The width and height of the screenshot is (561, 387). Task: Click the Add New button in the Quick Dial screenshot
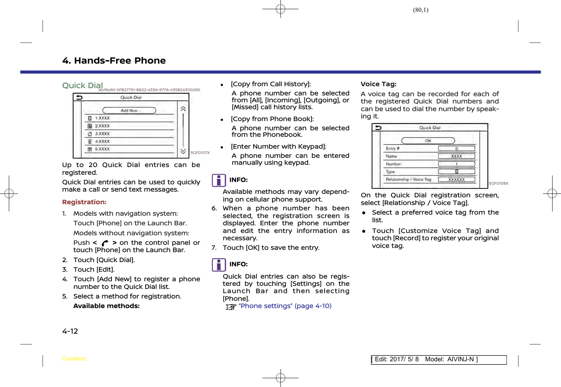129,110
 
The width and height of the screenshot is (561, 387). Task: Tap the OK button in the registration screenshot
428,141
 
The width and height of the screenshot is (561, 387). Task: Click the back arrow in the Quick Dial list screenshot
79,97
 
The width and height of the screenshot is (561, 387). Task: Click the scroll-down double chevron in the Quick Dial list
183,151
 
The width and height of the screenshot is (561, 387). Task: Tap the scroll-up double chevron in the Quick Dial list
183,109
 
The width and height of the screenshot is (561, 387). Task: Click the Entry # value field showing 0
456,149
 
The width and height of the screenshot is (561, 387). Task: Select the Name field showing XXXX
456,156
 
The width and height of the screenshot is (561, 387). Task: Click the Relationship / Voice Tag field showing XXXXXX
456,179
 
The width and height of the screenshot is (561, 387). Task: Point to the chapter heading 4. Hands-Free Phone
114,61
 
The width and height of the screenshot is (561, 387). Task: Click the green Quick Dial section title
82,85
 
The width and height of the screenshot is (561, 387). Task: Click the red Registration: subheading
84,202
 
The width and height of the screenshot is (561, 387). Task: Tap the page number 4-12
70,331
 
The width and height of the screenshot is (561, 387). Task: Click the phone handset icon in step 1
105,243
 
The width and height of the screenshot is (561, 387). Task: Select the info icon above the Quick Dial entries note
219,265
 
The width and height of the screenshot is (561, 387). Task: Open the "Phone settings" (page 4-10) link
285,306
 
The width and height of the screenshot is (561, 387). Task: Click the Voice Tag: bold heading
379,84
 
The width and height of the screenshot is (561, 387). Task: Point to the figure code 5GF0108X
499,184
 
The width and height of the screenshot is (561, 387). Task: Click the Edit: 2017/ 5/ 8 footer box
438,359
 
